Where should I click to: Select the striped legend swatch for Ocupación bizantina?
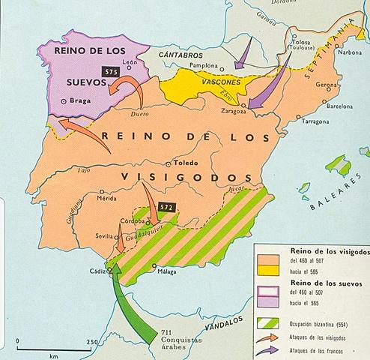pyautogui.click(x=268, y=322)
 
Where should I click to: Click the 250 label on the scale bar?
pyautogui.click(x=92, y=342)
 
